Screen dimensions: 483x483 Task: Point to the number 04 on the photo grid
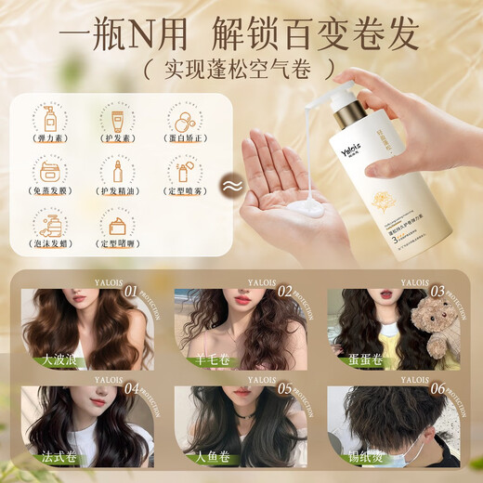[134, 390]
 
